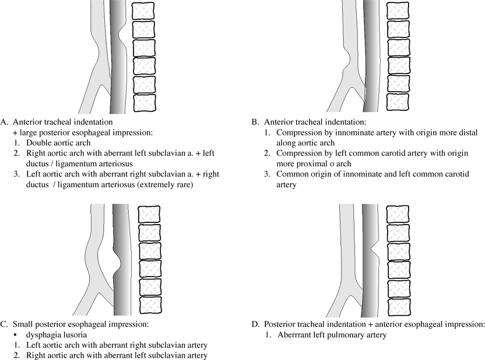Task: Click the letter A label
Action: pyautogui.click(x=5, y=123)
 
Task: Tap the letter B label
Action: pyautogui.click(x=254, y=123)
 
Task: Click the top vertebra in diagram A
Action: pyautogui.click(x=143, y=11)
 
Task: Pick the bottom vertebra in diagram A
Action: pyautogui.click(x=143, y=103)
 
